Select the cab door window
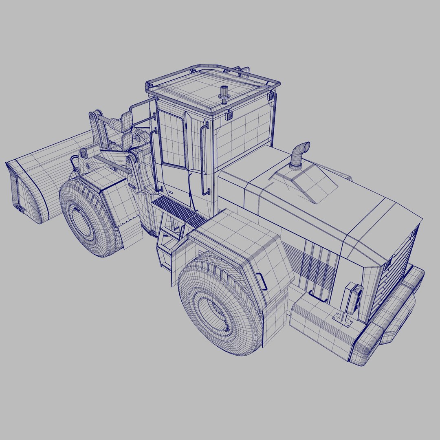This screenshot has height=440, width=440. coord(172,139)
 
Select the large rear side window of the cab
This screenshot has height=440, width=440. coord(243,130)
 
